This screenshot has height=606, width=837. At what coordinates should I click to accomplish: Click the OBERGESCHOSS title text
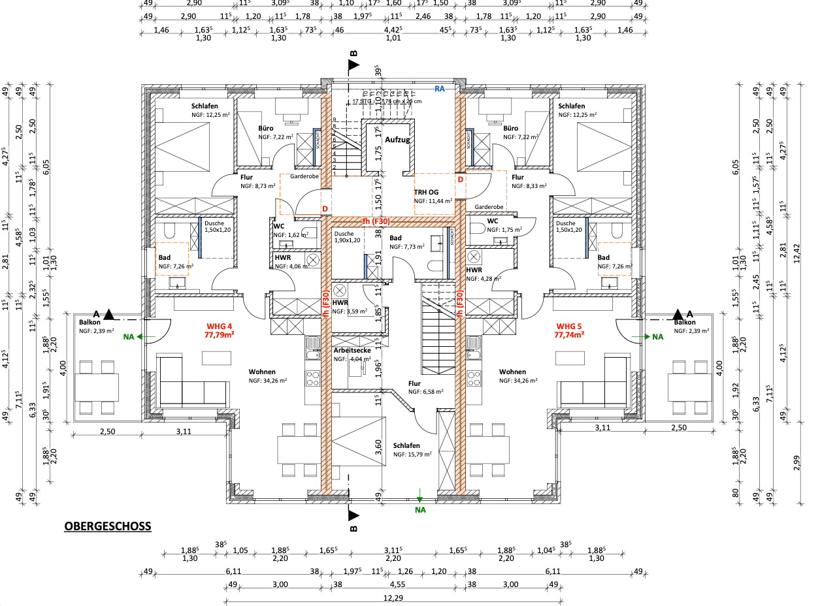[108, 526]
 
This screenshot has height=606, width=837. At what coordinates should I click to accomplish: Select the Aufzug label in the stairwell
[397, 140]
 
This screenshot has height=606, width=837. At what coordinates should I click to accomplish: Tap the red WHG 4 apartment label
[220, 326]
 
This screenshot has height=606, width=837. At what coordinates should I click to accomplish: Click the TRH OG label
[426, 192]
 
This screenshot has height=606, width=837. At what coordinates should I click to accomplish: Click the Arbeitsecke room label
[352, 351]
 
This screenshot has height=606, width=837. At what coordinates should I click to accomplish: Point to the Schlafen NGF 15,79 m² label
[406, 445]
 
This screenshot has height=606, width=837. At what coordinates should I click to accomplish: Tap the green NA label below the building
[420, 510]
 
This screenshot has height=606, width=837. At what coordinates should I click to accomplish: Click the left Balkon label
[90, 322]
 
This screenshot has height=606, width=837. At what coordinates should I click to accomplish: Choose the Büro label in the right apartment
[510, 129]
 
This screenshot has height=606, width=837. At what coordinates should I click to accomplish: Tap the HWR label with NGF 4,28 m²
[474, 270]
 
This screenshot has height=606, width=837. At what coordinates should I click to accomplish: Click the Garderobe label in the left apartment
[304, 176]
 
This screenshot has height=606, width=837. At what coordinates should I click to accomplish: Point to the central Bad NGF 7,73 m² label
[395, 238]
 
